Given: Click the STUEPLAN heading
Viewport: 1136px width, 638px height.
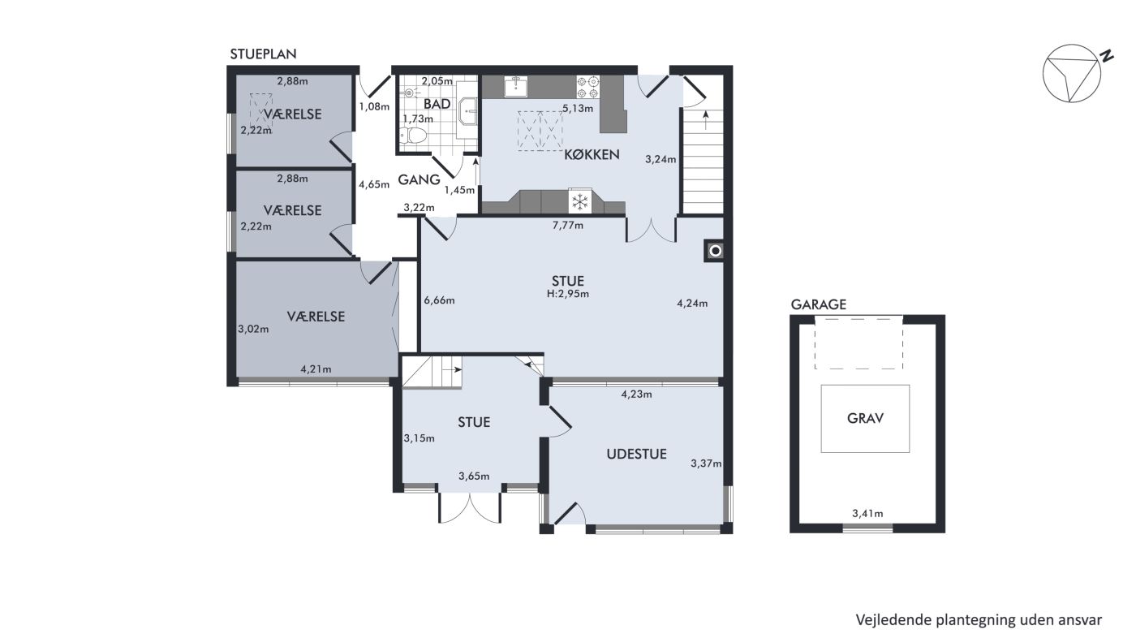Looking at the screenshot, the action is [x=263, y=54].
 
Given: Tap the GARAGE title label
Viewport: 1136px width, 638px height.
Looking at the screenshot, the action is [x=819, y=305].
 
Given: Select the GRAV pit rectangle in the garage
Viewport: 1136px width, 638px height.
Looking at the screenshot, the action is [x=865, y=418].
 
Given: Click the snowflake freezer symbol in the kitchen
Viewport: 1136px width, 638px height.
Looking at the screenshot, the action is [x=579, y=201].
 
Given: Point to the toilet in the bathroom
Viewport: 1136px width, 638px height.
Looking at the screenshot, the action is [x=412, y=136].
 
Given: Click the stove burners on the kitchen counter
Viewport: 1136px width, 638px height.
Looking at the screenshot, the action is [x=587, y=87].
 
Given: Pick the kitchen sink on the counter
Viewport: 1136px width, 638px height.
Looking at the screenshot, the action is [x=515, y=86].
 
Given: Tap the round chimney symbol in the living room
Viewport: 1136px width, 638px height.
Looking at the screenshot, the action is [x=715, y=251].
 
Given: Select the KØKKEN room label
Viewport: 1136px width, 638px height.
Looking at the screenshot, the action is [x=592, y=155].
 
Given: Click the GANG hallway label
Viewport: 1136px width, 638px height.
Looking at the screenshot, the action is [x=419, y=179].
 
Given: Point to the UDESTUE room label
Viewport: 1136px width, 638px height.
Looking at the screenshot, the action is [x=636, y=454].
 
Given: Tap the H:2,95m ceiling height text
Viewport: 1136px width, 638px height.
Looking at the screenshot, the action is [x=568, y=294].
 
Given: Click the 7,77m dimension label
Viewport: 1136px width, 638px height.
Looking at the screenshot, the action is [x=567, y=225].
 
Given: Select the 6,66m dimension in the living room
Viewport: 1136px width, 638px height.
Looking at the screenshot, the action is [x=439, y=300].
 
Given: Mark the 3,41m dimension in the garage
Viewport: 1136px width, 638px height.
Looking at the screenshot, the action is [x=867, y=514].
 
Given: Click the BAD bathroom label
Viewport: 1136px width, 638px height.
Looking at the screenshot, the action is [x=437, y=104].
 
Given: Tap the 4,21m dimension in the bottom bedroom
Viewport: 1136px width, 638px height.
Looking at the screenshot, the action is [x=316, y=369].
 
